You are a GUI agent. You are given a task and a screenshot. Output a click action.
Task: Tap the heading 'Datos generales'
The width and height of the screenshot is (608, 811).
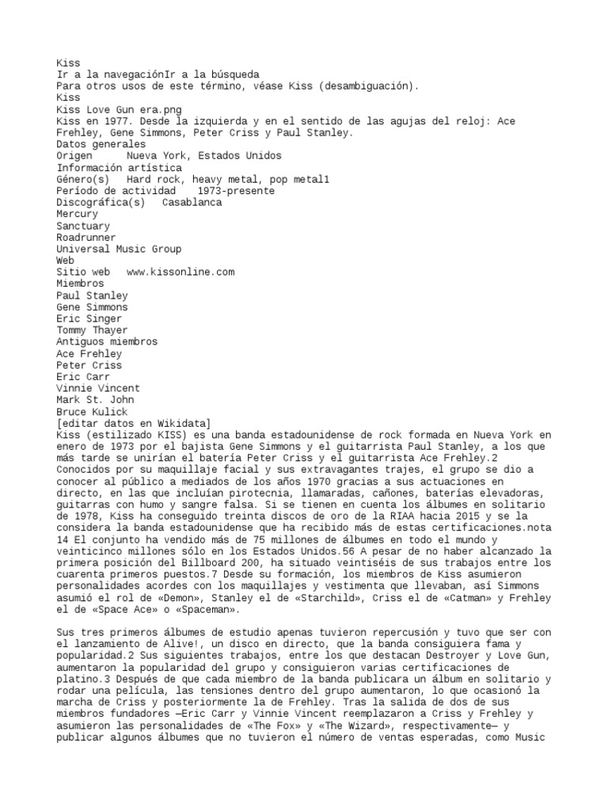[101, 144]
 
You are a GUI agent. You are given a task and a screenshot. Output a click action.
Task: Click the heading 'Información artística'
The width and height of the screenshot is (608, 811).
[119, 168]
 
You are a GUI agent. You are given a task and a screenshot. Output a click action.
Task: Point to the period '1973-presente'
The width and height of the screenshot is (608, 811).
[236, 191]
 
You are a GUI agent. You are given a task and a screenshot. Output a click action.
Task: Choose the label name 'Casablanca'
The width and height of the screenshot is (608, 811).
[192, 203]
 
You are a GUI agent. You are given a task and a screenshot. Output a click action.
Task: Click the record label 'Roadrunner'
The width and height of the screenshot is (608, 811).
[85, 238]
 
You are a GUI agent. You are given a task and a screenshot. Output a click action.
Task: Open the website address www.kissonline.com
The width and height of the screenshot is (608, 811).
[180, 272]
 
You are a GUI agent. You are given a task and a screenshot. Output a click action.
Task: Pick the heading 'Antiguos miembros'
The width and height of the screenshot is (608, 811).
[107, 341]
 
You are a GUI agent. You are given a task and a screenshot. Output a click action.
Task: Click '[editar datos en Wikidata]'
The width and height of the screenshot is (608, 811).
[133, 424]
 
